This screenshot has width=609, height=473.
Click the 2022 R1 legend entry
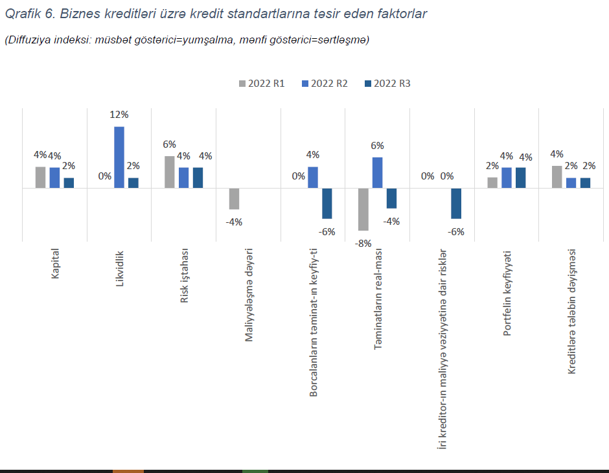tap(262, 84)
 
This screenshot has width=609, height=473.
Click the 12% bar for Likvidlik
tap(119, 157)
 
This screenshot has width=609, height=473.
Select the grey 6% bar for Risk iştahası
tap(170, 172)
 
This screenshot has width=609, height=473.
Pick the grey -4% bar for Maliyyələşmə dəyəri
tap(234, 199)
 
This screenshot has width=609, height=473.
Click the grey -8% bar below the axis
tap(363, 209)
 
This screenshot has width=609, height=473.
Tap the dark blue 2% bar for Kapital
tap(69, 183)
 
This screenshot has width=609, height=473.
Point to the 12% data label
tap(119, 115)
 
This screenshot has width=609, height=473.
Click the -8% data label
tap(363, 243)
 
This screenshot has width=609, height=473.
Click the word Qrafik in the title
tap(23, 14)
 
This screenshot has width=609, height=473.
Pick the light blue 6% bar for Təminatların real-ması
tap(377, 172)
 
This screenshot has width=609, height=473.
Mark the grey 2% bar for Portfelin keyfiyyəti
tap(492, 183)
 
